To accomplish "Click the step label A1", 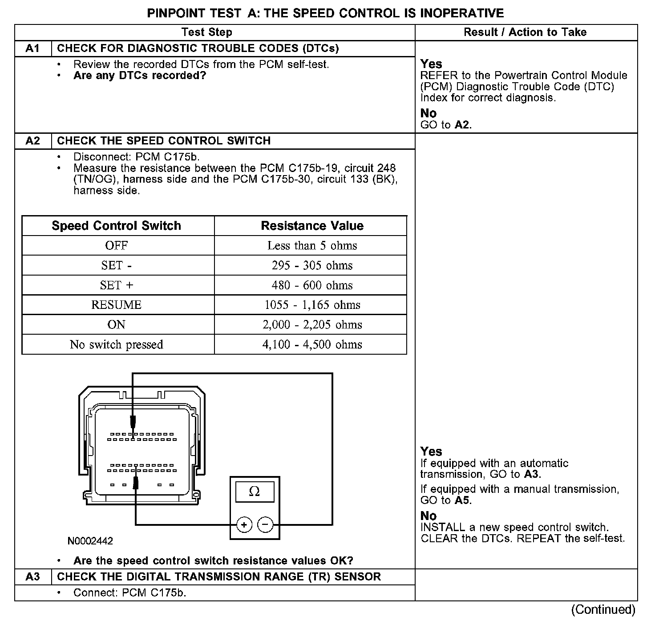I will (33, 48).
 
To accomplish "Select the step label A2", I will (33, 141).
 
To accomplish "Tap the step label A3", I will (33, 577).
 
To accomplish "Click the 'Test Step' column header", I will (207, 32).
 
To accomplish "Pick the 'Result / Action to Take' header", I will (525, 32).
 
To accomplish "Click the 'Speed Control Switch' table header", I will (117, 226).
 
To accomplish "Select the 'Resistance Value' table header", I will (312, 226).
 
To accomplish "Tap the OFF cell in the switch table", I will (117, 246).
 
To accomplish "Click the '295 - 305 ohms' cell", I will (312, 265).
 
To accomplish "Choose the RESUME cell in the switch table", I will (117, 305).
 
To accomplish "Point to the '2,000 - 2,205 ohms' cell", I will (312, 325).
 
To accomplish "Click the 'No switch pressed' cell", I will (117, 344).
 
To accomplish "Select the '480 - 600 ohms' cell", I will (312, 285).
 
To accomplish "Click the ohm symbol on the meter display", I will (255, 491).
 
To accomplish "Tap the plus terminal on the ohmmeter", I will (244, 525).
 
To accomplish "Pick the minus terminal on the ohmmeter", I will (266, 525).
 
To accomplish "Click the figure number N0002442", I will (90, 541).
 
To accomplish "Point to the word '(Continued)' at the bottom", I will (603, 609).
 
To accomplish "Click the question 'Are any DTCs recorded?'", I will (140, 76).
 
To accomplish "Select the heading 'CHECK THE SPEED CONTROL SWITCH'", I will (164, 141).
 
